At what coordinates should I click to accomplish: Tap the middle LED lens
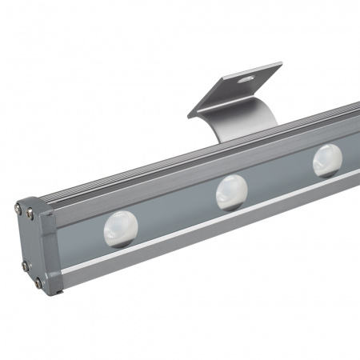point(232,191)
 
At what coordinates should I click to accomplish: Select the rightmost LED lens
point(326,159)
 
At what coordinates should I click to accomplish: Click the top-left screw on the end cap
point(18,209)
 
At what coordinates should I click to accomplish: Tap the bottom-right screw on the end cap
point(38,282)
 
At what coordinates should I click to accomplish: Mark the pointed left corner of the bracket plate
point(189,117)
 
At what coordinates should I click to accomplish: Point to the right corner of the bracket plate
point(282,64)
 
